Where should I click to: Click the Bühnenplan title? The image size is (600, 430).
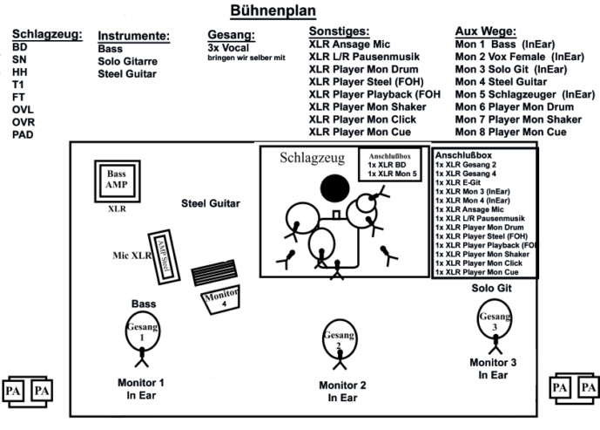point(273,10)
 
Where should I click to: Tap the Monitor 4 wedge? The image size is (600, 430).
point(221,299)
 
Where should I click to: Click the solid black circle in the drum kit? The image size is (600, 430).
point(334,188)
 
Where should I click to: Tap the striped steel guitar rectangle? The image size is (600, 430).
point(214,272)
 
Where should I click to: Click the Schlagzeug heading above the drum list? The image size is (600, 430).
point(47,34)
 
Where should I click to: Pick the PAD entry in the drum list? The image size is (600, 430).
point(23,135)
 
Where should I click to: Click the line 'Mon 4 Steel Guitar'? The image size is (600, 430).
point(501,82)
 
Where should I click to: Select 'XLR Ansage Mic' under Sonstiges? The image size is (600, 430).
point(349,44)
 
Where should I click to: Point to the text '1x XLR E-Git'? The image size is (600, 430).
point(458,182)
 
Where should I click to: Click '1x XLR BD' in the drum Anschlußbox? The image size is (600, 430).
point(387,165)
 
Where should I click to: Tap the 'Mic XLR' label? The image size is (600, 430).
point(132,256)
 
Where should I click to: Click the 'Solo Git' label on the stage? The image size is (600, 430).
point(491,288)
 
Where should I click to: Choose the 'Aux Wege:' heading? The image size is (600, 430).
point(486,31)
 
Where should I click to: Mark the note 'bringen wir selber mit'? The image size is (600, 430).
point(246,58)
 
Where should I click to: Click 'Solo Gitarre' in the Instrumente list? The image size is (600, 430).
point(127,61)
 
